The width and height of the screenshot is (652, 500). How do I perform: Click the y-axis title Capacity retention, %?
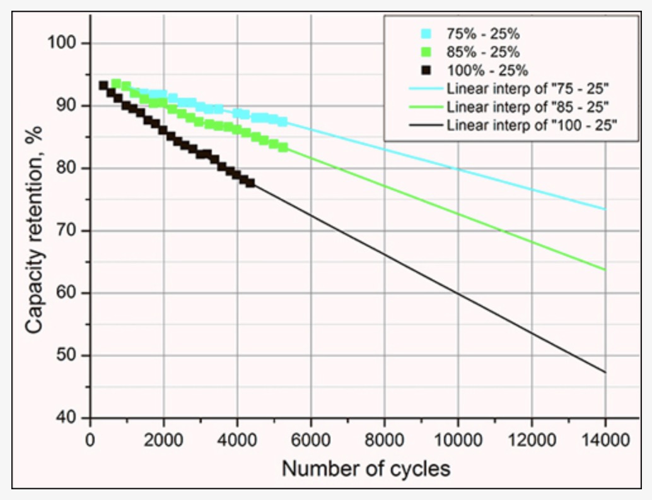pyautogui.click(x=35, y=230)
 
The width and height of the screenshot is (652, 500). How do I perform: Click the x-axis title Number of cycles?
pyautogui.click(x=366, y=469)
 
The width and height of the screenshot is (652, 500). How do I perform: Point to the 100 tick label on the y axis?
pyautogui.click(x=61, y=43)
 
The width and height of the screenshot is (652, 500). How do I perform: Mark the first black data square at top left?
pyautogui.click(x=103, y=85)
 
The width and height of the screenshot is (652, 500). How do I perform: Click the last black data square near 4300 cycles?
pyautogui.click(x=250, y=182)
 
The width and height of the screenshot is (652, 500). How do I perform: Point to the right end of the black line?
pyautogui.click(x=605, y=372)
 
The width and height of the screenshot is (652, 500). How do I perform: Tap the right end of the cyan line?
pyautogui.click(x=605, y=209)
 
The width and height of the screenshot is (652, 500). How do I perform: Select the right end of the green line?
pyautogui.click(x=605, y=270)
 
